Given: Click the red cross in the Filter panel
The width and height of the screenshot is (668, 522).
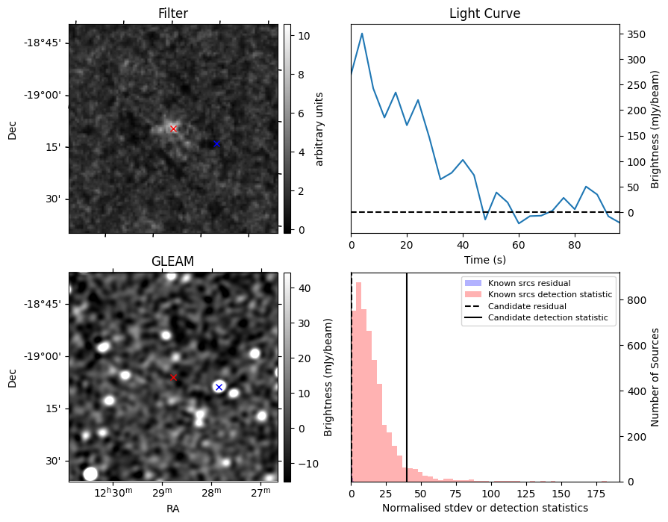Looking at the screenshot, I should (x=173, y=128).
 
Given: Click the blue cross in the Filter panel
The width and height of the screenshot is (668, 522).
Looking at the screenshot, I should (x=216, y=143).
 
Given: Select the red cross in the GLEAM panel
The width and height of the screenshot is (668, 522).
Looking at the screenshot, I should (x=173, y=377).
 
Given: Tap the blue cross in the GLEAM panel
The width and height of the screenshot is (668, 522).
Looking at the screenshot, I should (x=219, y=387).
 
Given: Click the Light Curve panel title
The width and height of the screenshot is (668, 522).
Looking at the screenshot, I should (x=484, y=13).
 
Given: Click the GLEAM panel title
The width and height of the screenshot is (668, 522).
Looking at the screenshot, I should (x=172, y=261).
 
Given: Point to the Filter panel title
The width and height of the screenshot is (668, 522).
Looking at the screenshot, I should (x=172, y=13).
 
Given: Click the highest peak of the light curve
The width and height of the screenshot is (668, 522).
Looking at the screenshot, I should (x=362, y=33).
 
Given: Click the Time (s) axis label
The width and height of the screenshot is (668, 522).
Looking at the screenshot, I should (x=484, y=258).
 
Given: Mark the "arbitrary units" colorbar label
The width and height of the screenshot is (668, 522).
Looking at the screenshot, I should (x=320, y=128).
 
